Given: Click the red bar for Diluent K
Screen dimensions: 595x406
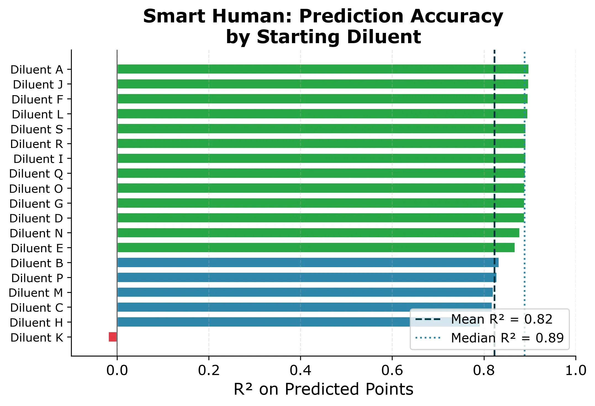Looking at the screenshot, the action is pyautogui.click(x=113, y=337).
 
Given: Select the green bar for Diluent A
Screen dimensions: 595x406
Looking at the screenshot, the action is pyautogui.click(x=323, y=69).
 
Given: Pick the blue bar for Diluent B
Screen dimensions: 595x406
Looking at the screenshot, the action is pyautogui.click(x=308, y=262).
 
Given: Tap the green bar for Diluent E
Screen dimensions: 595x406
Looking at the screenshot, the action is pyautogui.click(x=316, y=248).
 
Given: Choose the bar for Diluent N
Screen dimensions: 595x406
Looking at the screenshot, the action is pyautogui.click(x=318, y=233).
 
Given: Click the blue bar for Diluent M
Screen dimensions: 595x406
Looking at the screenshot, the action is pyautogui.click(x=305, y=292).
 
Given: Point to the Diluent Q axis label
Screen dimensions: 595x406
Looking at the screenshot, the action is pyautogui.click(x=36, y=174).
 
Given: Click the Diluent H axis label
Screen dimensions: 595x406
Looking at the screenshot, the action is pyautogui.click(x=36, y=323).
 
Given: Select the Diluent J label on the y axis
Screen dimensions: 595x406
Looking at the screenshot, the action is pyautogui.click(x=38, y=85).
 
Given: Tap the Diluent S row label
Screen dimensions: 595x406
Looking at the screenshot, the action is pyautogui.click(x=37, y=129).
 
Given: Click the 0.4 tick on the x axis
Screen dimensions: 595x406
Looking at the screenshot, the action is pyautogui.click(x=300, y=371).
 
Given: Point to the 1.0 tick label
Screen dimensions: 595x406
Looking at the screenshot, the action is pyautogui.click(x=576, y=371).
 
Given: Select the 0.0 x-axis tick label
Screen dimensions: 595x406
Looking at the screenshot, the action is pyautogui.click(x=117, y=371).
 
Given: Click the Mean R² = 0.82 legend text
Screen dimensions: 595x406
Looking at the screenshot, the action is pyautogui.click(x=502, y=319).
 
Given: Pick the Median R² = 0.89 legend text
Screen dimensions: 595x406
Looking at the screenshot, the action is pyautogui.click(x=507, y=338).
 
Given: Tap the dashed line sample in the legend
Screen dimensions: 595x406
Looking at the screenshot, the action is pyautogui.click(x=428, y=319).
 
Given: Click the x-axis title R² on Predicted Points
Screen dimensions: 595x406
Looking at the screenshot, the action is pyautogui.click(x=323, y=389).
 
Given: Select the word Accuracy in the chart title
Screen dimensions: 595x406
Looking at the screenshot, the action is pyautogui.click(x=457, y=17).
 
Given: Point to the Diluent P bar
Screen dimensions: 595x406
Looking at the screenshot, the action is pyautogui.click(x=307, y=277).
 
